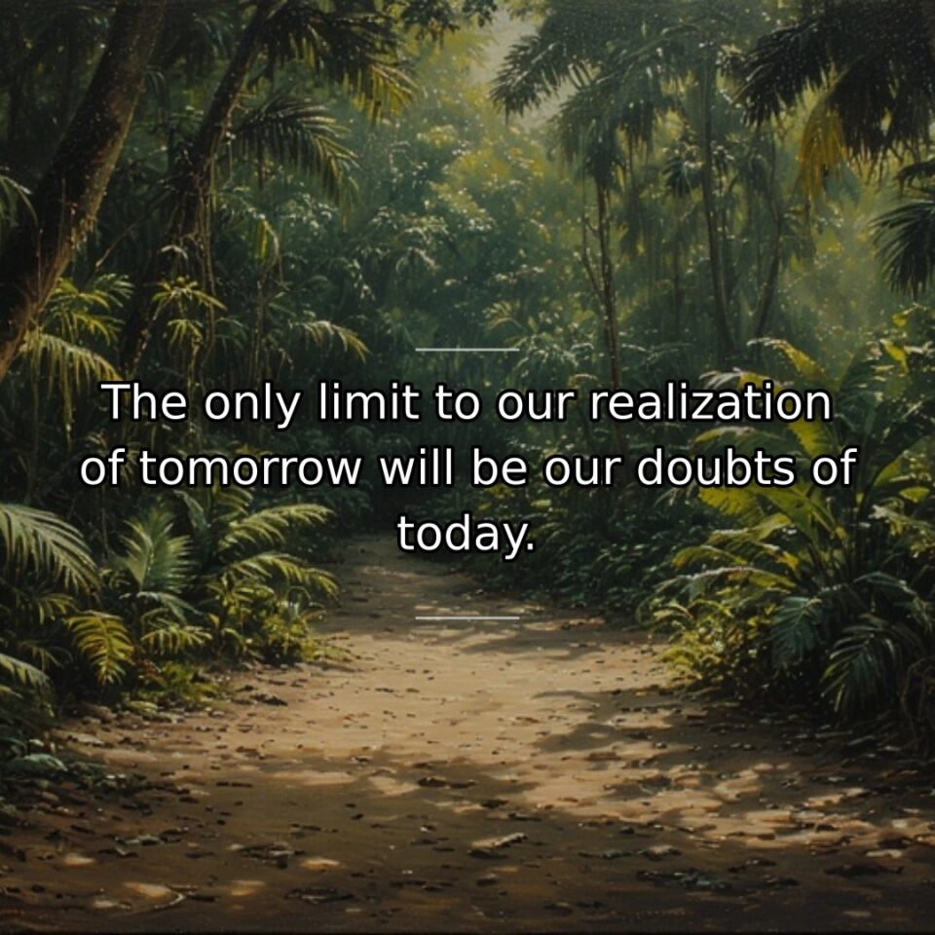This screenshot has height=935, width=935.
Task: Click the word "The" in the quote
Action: click(x=145, y=403)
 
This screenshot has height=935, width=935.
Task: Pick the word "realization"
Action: click(x=711, y=403)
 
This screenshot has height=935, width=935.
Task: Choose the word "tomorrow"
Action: click(x=250, y=470)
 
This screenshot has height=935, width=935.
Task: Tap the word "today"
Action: click(x=461, y=534)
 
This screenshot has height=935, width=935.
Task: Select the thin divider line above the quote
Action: click(x=467, y=349)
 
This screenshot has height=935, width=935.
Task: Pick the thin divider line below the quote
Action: click(x=467, y=617)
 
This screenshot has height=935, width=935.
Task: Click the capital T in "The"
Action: click(x=117, y=403)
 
